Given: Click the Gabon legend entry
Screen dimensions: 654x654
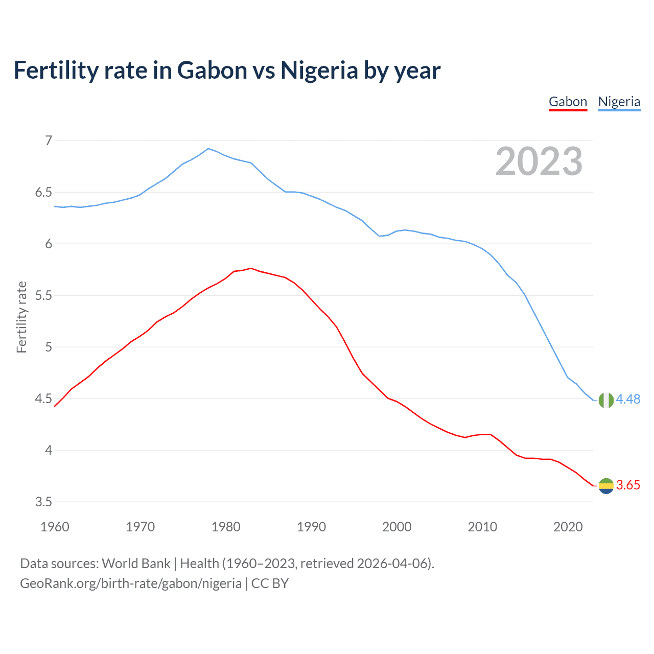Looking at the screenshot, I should (x=568, y=102).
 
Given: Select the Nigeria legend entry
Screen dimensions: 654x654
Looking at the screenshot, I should (x=619, y=102).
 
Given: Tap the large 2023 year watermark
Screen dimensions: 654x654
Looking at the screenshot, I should (x=539, y=161).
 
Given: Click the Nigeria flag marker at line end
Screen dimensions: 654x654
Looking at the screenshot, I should (x=606, y=400).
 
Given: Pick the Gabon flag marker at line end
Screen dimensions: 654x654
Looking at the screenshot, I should (x=606, y=486).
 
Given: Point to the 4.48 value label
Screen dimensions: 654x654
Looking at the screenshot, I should (x=628, y=399).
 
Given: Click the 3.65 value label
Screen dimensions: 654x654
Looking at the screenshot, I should (x=628, y=485).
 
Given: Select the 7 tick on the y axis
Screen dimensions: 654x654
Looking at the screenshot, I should (x=49, y=141).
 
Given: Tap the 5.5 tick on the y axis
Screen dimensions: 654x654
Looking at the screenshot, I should (x=43, y=295).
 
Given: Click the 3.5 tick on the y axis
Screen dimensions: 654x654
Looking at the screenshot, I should (x=43, y=502).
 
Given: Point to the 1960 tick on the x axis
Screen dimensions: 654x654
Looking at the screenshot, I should (x=55, y=527).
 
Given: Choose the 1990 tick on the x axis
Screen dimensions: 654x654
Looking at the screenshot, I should (x=311, y=527).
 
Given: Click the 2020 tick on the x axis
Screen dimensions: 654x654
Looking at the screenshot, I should (x=568, y=527).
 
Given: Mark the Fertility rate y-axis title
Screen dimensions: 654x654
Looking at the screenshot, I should (x=21, y=317).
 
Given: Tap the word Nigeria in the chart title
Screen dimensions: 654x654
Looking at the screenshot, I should (x=319, y=70).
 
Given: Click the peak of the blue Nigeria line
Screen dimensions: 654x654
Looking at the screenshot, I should (x=208, y=149).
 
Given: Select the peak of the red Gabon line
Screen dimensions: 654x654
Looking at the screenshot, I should (x=251, y=268).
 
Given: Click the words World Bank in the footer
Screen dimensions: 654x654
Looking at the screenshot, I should (x=136, y=564).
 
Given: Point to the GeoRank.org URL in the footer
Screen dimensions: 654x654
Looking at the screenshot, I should (x=131, y=583).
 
